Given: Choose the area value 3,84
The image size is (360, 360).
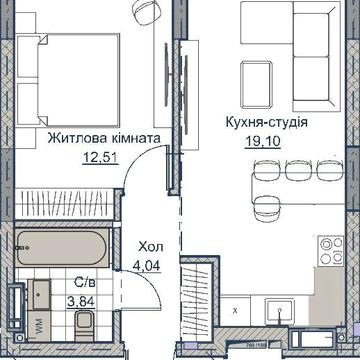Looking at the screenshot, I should [79, 300].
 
